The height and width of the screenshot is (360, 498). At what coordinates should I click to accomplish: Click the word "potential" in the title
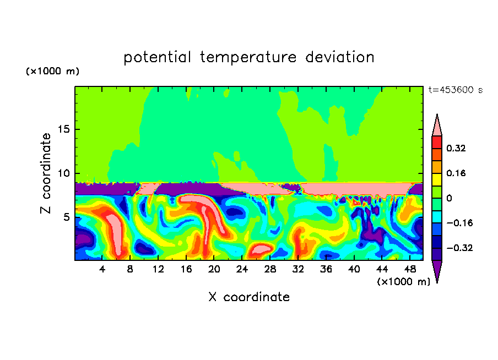click(x=158, y=57)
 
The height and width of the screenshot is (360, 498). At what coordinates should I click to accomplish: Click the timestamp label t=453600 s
click(x=455, y=90)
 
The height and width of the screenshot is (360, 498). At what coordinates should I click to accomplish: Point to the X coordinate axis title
click(x=249, y=297)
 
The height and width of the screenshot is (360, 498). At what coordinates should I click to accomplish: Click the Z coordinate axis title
click(x=46, y=173)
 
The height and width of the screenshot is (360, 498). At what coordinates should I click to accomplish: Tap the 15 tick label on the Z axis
click(x=63, y=130)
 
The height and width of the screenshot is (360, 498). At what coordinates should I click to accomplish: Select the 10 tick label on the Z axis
click(x=63, y=173)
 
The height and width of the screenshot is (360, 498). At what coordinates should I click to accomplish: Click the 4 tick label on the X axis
click(x=102, y=269)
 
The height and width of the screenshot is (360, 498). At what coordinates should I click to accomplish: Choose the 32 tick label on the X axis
click(x=298, y=269)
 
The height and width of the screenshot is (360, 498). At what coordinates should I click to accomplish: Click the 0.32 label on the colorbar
click(x=456, y=148)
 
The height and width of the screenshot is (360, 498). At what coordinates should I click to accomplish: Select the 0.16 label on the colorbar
click(x=456, y=173)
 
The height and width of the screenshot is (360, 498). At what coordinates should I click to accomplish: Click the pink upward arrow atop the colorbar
click(x=437, y=126)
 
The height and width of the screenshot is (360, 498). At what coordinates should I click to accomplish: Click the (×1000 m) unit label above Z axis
click(x=53, y=72)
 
